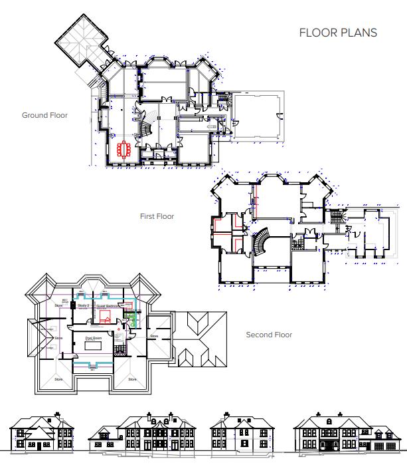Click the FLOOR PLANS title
coord(338,33)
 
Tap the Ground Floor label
coord(44,115)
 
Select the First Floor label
coord(157,216)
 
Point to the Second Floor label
coord(269,335)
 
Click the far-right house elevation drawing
coord(348,432)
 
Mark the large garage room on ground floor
coord(257,115)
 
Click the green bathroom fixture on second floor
coord(131,319)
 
